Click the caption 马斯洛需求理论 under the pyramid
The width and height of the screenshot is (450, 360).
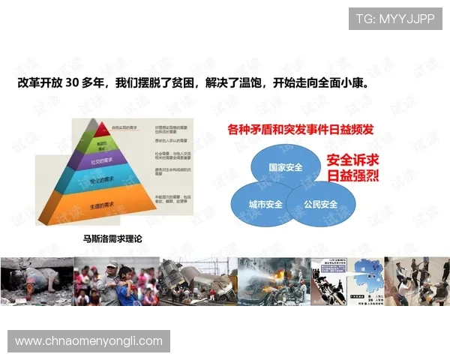coord(112,238)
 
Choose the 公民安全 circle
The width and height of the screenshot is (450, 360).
coord(321,202)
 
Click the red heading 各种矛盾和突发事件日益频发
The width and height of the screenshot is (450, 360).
coord(300,129)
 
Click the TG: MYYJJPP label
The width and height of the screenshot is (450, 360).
coord(395,18)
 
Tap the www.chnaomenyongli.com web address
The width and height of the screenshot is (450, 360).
coord(89,341)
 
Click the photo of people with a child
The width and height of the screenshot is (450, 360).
coord(116,281)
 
